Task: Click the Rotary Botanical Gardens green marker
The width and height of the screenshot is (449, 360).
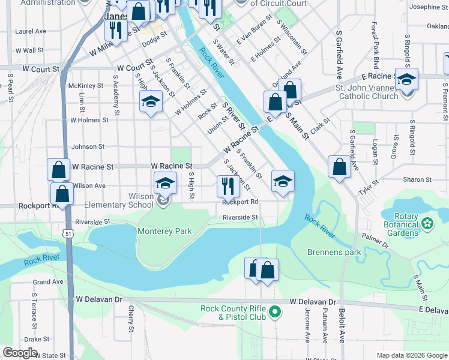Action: coord(427,224)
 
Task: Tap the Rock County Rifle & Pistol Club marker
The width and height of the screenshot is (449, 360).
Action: coord(275,311)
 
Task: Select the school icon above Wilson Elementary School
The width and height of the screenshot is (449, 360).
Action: coord(166,184)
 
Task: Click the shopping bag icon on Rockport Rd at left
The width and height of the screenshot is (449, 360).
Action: coord(62,194)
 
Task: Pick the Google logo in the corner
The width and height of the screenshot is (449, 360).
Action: coord(20,352)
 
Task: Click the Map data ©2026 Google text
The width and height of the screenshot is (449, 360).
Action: coord(411,355)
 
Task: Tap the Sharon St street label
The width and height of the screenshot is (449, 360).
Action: coord(417,179)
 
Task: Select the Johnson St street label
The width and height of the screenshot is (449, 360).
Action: coord(88,146)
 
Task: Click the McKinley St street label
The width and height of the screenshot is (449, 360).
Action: coord(86,86)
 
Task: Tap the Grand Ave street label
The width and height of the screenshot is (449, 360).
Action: coord(48,281)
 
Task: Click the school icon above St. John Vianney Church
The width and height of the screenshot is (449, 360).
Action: coord(406,80)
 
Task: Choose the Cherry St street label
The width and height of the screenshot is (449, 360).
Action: coord(131,319)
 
